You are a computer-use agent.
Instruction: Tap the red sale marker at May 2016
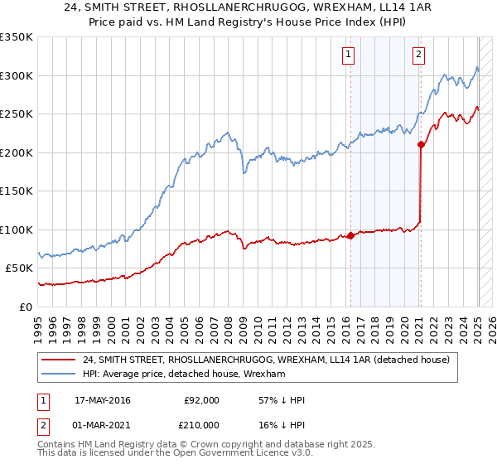click(350, 235)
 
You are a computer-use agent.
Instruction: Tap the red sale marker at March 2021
click(421, 144)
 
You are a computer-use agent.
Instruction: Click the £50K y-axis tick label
click(19, 268)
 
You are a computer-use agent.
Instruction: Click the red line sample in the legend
click(59, 360)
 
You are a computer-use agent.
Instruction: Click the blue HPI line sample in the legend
click(59, 375)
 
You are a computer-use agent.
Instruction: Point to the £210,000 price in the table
click(202, 425)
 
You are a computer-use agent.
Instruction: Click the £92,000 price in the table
click(202, 400)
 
